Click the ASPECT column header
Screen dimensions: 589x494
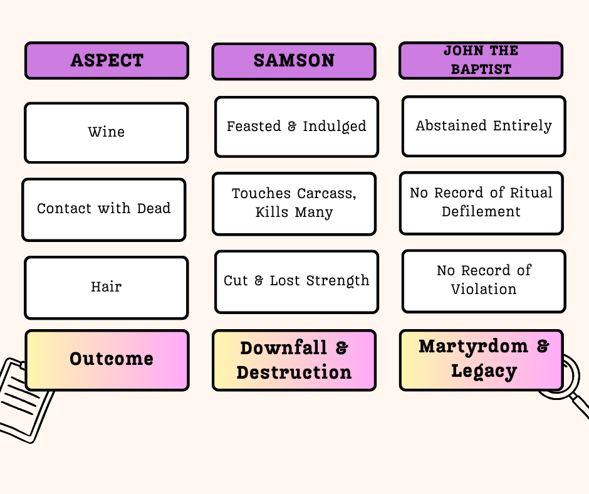point(107,61)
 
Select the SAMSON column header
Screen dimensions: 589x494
point(294,61)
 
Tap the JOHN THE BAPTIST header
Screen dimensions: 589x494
point(481,61)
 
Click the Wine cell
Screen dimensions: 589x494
point(107,132)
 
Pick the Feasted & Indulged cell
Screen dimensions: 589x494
point(296,127)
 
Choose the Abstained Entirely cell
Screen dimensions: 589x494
point(484,126)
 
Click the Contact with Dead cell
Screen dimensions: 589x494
point(104,209)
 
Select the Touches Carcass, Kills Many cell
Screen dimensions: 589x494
point(294,203)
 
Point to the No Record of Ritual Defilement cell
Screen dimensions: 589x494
point(481,202)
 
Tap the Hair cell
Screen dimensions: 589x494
point(107,287)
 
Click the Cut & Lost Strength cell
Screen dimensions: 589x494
point(296,281)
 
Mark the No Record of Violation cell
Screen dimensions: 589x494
point(484,280)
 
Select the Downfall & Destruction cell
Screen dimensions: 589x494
point(294,360)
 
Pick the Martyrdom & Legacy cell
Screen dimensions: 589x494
point(481,359)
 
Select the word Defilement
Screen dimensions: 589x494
point(481,212)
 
